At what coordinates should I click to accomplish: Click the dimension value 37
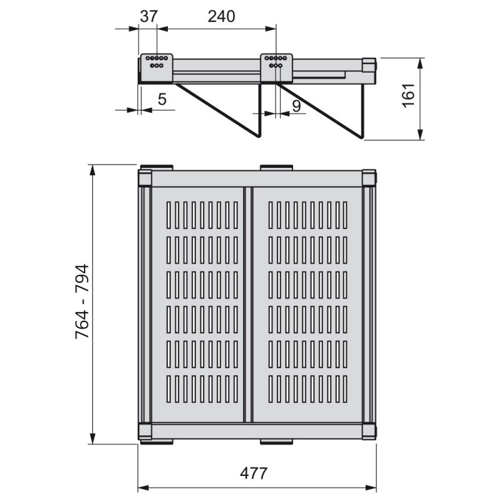click(x=149, y=17)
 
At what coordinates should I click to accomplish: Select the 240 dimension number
click(x=222, y=17)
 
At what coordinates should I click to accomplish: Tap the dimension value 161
click(x=409, y=96)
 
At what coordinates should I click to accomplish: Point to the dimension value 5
click(x=162, y=100)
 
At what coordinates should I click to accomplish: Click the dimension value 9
click(x=296, y=106)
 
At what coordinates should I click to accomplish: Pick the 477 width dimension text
click(x=254, y=473)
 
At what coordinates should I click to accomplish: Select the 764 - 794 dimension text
click(x=82, y=301)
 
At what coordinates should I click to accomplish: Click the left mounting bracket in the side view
click(x=157, y=68)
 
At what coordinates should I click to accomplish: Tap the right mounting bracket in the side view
click(x=276, y=68)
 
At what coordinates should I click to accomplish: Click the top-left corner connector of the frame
click(x=145, y=178)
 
